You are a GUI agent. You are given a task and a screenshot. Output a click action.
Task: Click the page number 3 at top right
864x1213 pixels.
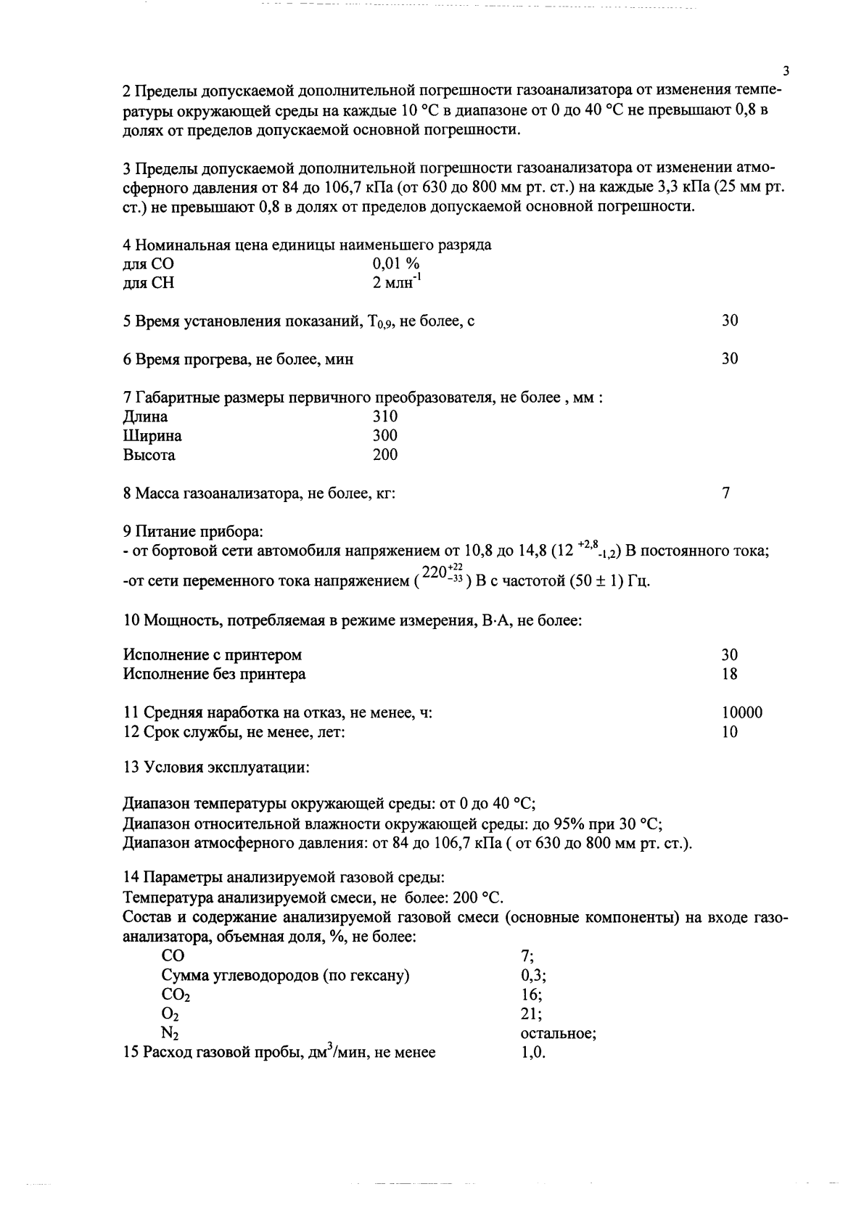point(786,71)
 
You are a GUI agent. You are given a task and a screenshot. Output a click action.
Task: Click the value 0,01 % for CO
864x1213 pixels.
point(396,264)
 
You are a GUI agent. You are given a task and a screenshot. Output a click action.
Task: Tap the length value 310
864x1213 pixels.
point(384,416)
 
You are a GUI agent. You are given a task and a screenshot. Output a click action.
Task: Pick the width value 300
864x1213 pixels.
point(384,436)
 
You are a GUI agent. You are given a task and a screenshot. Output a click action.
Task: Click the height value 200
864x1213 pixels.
point(384,455)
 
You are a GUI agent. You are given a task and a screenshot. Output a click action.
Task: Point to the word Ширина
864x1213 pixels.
point(152,436)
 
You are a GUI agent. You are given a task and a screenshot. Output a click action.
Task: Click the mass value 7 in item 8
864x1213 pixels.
point(726,493)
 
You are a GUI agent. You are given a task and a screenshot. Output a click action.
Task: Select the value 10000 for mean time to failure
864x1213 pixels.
point(742,713)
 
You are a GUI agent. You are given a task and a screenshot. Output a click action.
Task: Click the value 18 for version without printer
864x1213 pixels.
point(730,674)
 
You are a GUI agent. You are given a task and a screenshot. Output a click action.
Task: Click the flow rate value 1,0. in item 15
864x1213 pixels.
point(533,1053)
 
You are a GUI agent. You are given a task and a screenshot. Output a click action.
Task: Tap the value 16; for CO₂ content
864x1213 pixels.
point(531,995)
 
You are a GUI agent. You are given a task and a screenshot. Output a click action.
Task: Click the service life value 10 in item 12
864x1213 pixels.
point(730,732)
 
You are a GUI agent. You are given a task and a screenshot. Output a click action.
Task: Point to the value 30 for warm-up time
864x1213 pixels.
point(730,359)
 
